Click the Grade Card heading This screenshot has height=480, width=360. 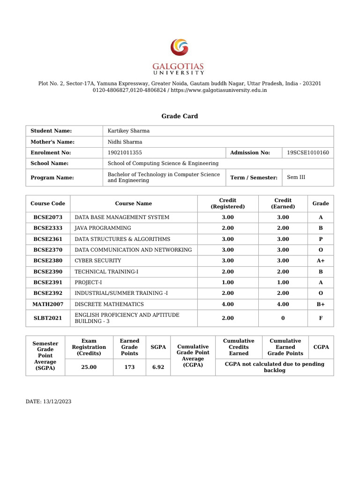tap(180, 116)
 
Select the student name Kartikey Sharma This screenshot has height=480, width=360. tap(128, 131)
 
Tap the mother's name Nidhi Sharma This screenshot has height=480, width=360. tap(125, 142)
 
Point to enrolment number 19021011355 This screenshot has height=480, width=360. tap(125, 152)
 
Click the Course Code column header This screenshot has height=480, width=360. tap(48, 203)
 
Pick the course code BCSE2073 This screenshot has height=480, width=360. tap(48, 217)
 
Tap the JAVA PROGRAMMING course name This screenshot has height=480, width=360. tap(103, 228)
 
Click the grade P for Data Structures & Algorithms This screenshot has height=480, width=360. tap(321, 239)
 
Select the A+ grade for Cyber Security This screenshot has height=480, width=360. tap(321, 261)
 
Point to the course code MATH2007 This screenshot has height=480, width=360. tap(48, 304)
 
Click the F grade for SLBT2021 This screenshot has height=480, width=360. tap(321, 318)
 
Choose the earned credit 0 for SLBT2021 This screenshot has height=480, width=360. tap(283, 318)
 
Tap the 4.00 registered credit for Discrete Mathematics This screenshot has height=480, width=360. tap(228, 304)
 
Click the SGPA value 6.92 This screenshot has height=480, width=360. tap(158, 367)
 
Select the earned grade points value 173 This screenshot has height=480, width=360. tap(129, 367)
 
